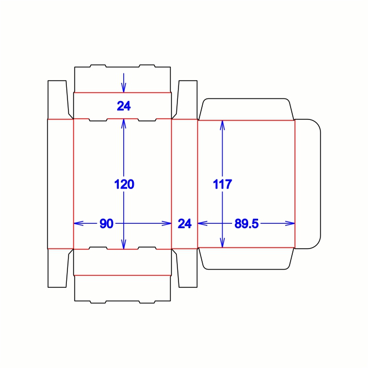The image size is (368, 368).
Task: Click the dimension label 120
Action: pyautogui.click(x=124, y=184)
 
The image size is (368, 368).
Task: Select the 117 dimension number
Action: pyautogui.click(x=223, y=184)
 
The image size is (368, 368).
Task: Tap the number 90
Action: pyautogui.click(x=106, y=223)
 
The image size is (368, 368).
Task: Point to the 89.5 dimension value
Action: pyautogui.click(x=246, y=223)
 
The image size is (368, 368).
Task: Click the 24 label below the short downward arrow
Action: pyautogui.click(x=124, y=106)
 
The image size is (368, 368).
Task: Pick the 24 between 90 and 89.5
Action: pyautogui.click(x=185, y=223)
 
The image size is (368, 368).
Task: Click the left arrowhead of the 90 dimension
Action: pyautogui.click(x=78, y=223)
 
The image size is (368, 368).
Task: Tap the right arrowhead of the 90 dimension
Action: pyautogui.click(x=167, y=223)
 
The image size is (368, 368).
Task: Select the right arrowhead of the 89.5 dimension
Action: pyautogui.click(x=290, y=223)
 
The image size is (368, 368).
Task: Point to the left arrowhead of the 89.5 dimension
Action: pyautogui.click(x=203, y=223)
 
